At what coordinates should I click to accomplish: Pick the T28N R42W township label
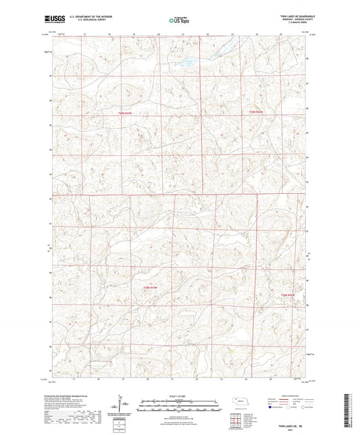click(x=288, y=295)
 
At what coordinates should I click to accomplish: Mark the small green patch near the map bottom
click(x=232, y=350)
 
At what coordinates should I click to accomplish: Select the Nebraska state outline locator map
click(x=241, y=400)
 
